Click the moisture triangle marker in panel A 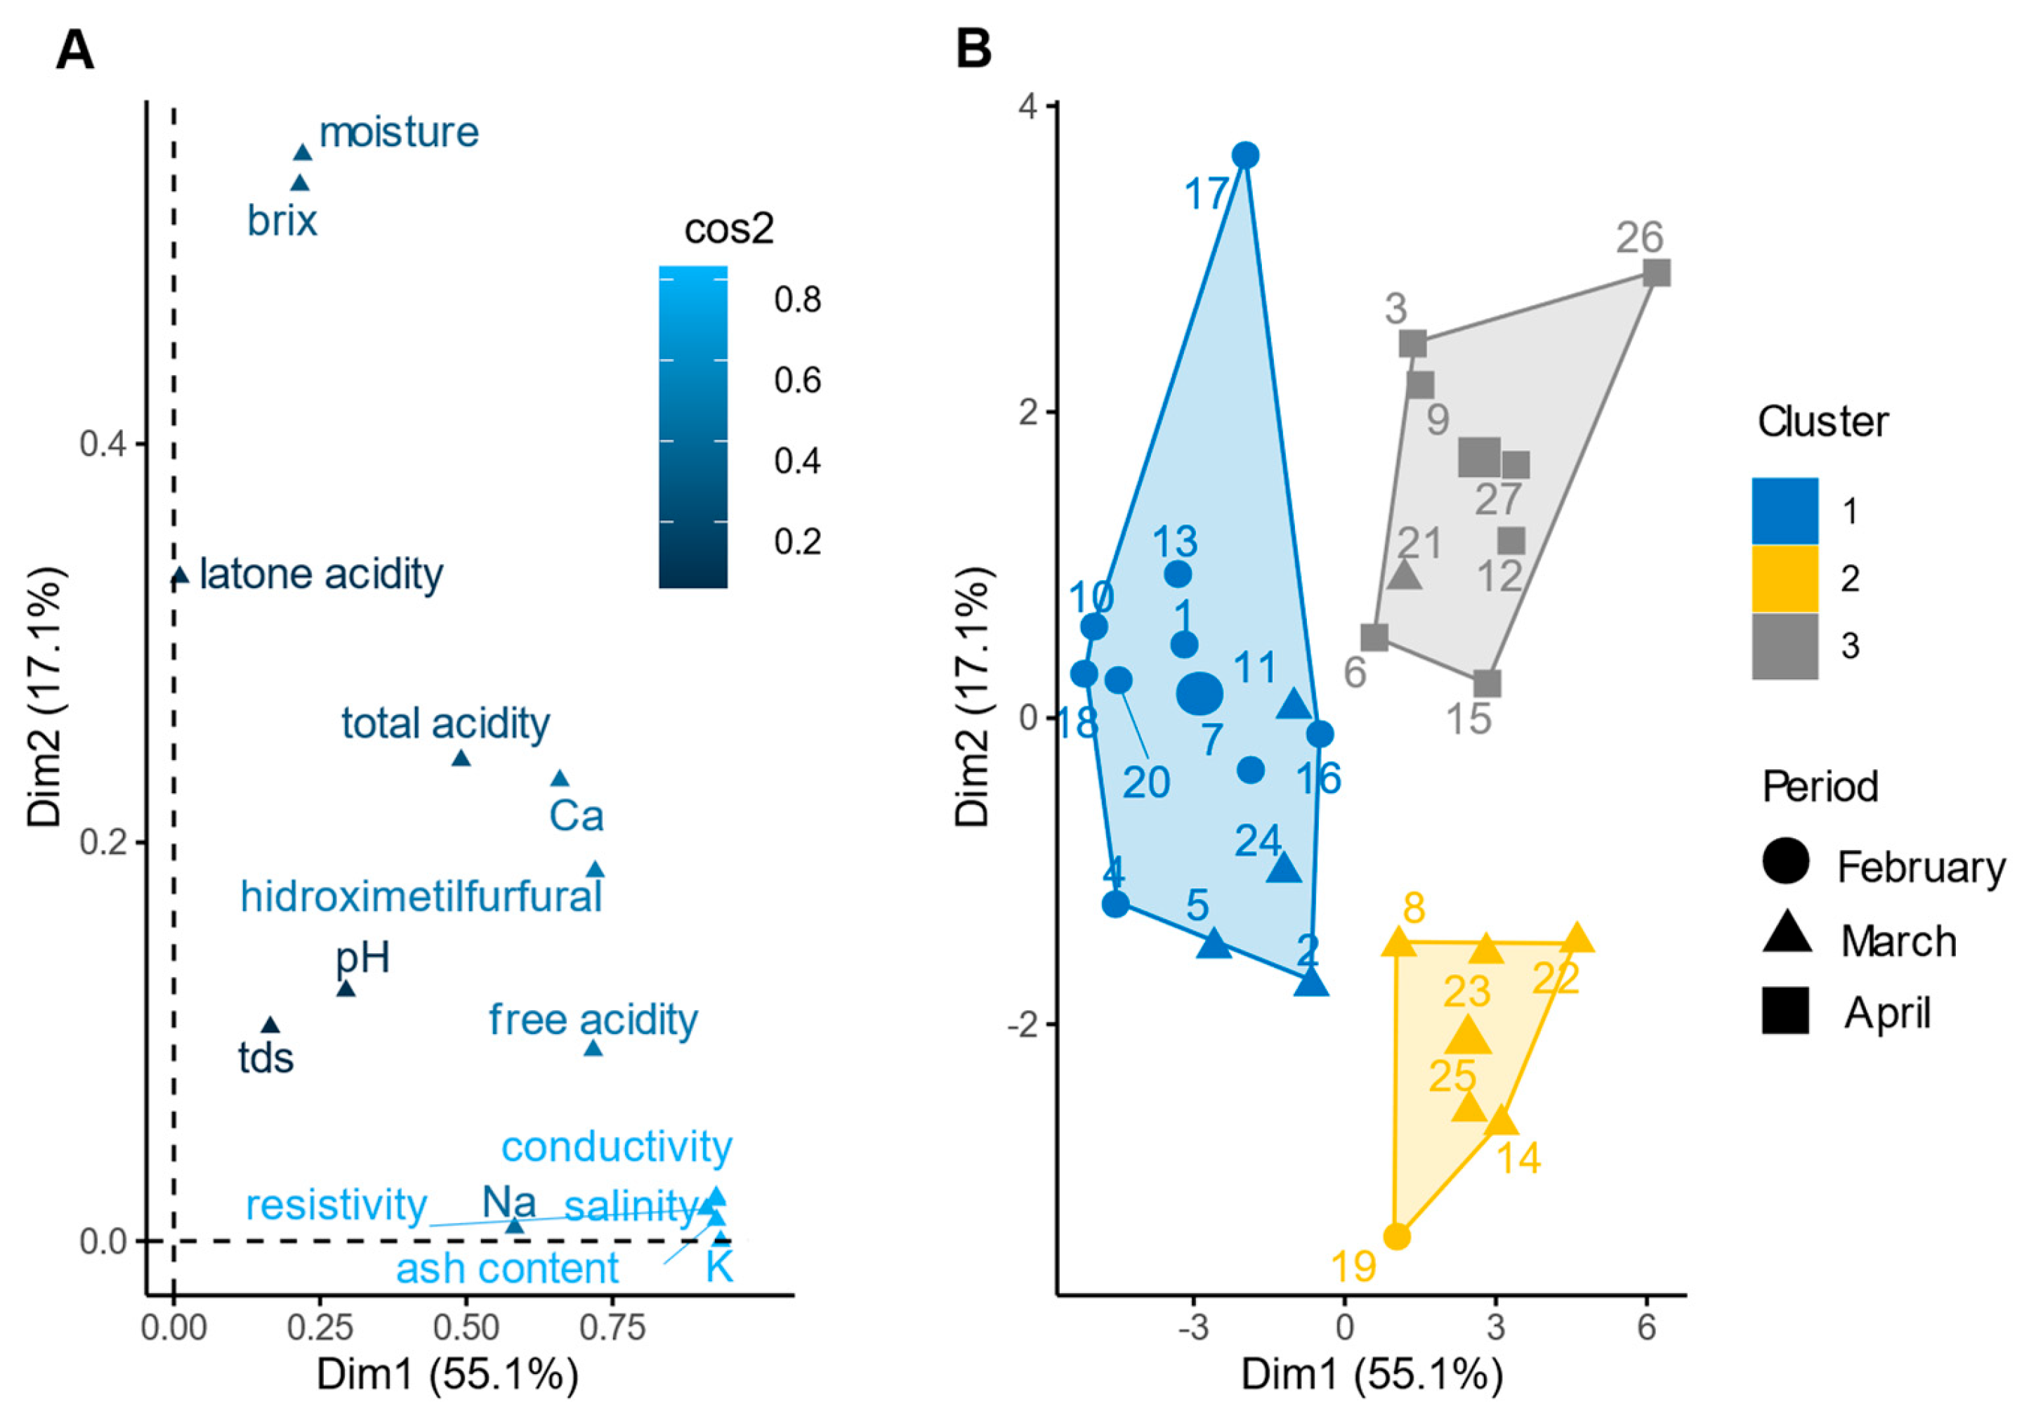(303, 153)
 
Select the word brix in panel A (282, 221)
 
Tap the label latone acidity (321, 575)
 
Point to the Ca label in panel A (576, 816)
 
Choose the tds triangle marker (270, 1026)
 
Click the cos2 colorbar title (728, 229)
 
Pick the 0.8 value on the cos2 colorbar (798, 300)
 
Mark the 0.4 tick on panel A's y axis (104, 443)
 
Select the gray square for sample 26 (1657, 273)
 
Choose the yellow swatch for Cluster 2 (1785, 578)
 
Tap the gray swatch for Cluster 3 (1785, 646)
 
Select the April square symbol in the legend (1786, 1010)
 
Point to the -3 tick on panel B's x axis (1194, 1327)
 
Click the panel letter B (973, 51)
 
